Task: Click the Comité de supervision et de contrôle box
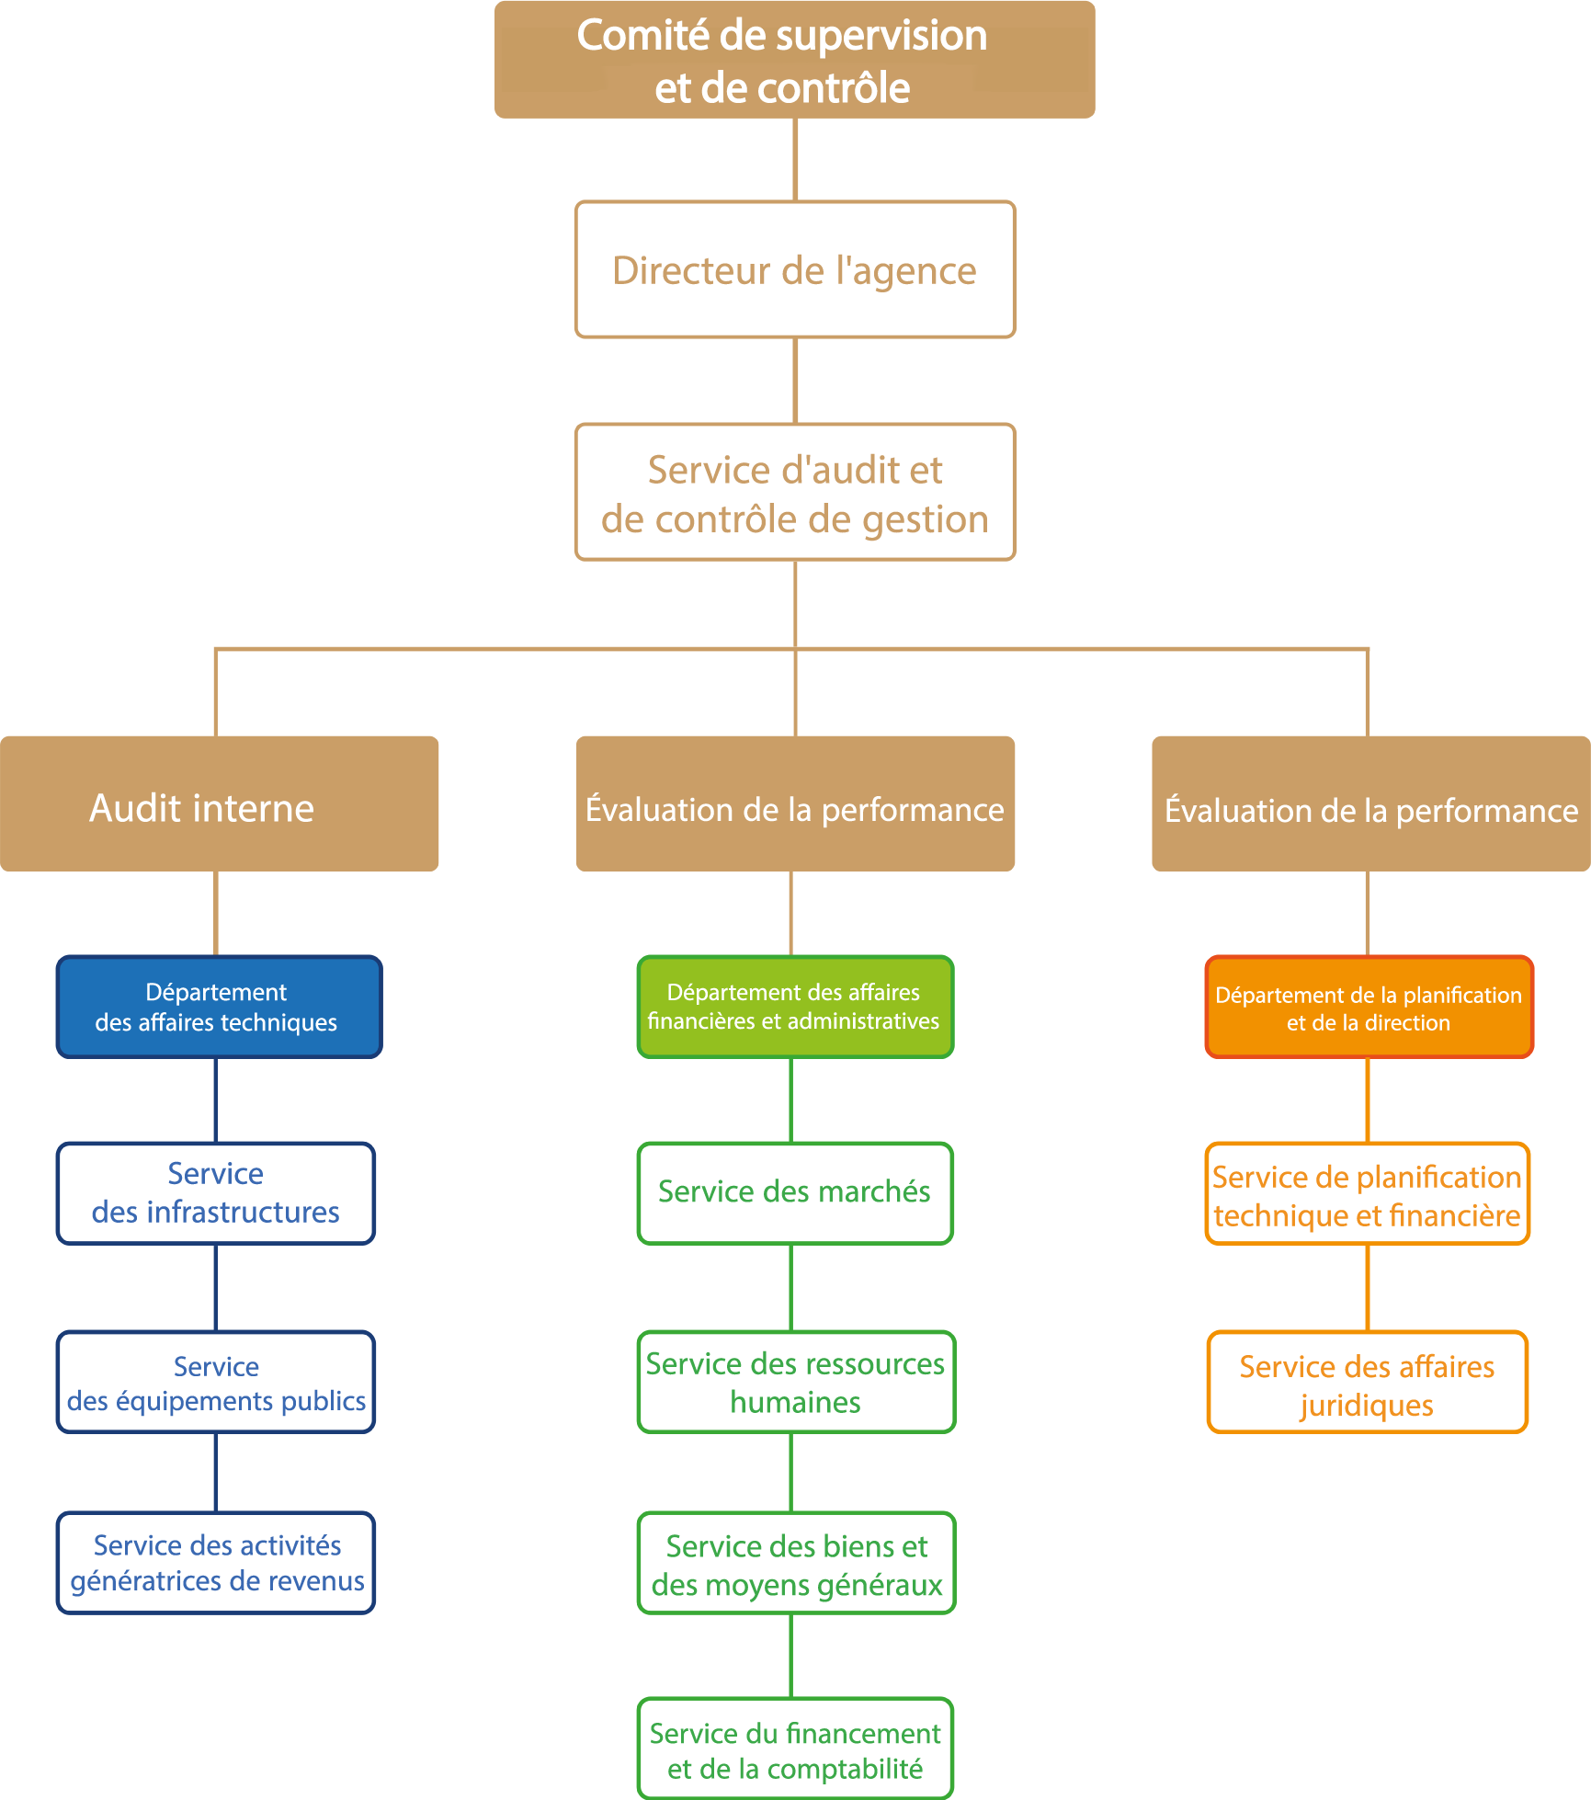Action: coord(794,60)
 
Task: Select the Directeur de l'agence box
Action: coord(795,269)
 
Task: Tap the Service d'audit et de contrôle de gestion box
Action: coord(795,492)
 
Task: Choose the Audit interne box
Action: coord(219,803)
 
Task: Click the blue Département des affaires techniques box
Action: coord(219,1007)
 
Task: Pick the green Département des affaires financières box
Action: coord(795,1007)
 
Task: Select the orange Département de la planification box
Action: coord(1369,1008)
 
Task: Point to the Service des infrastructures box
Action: coord(216,1193)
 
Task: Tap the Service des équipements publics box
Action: coord(216,1382)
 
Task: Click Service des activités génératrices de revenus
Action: coord(216,1563)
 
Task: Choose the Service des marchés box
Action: coord(795,1193)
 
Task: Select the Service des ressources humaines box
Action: coord(796,1382)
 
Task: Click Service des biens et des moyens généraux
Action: coord(796,1563)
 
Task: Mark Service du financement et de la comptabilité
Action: coord(795,1749)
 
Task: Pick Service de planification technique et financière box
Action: coord(1367,1194)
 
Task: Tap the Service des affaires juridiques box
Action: coord(1367,1382)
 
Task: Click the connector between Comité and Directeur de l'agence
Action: coord(795,159)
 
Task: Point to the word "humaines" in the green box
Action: coord(795,1403)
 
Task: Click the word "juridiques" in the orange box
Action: coord(1366,1406)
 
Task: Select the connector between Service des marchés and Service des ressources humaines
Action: coord(791,1287)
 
